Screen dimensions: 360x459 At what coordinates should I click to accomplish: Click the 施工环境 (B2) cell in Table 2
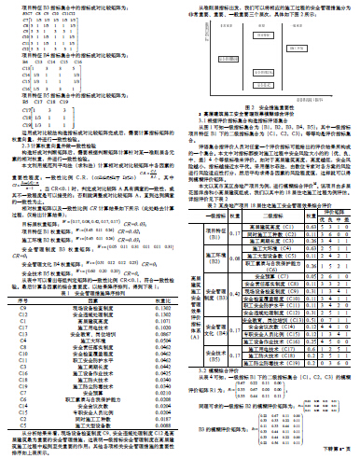[x=211, y=250]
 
